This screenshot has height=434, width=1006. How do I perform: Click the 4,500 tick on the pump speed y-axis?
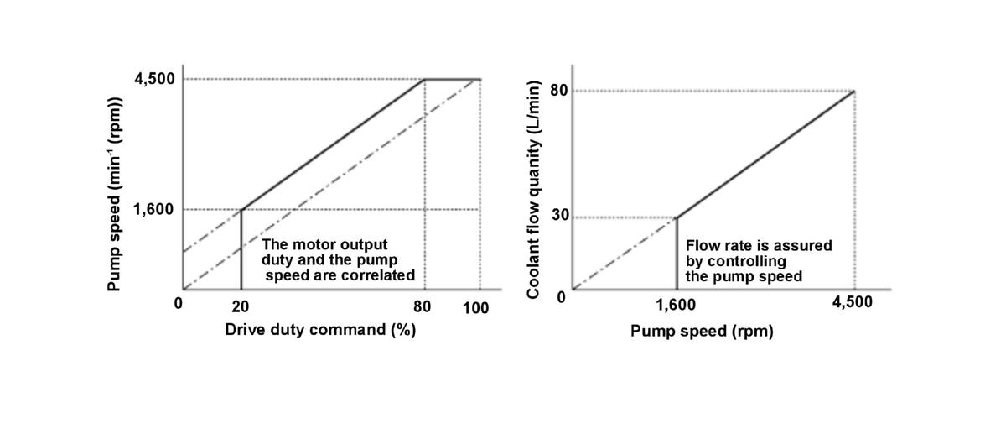(x=155, y=79)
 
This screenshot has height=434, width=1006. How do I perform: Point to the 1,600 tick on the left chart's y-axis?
(x=155, y=209)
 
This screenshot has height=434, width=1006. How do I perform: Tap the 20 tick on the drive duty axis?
(x=241, y=306)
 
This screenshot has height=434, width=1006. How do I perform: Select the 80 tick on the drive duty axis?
(x=423, y=306)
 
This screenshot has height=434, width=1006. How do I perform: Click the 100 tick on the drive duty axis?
(x=476, y=307)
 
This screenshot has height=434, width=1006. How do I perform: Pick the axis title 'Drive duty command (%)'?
(x=320, y=330)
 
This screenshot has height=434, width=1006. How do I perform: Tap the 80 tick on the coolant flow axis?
(x=558, y=90)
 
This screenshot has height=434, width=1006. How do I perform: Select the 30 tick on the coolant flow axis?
(x=558, y=216)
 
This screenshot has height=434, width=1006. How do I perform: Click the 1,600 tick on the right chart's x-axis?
(x=676, y=306)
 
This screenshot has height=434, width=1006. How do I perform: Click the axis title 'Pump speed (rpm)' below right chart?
(x=702, y=332)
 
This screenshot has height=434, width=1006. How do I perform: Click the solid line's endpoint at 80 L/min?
(x=854, y=91)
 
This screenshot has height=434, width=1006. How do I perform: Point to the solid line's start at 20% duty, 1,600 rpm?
(x=241, y=209)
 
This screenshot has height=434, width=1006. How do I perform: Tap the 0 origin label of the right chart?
(x=562, y=295)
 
